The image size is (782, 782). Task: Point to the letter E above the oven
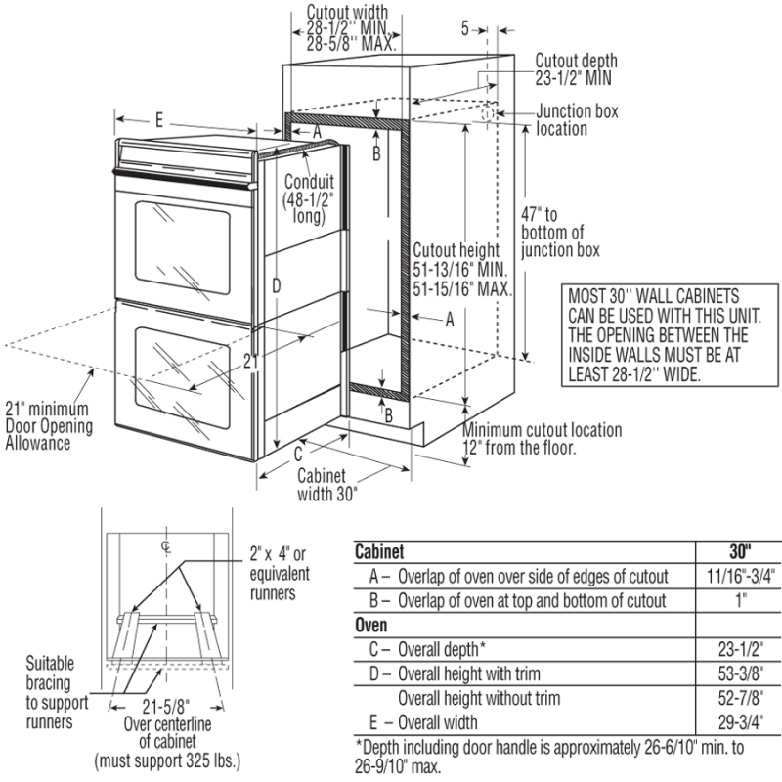(158, 118)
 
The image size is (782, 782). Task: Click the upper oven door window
(182, 246)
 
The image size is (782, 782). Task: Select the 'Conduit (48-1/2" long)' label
(310, 199)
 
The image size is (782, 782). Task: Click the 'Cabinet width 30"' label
(327, 484)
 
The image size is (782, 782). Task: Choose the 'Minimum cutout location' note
(542, 439)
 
